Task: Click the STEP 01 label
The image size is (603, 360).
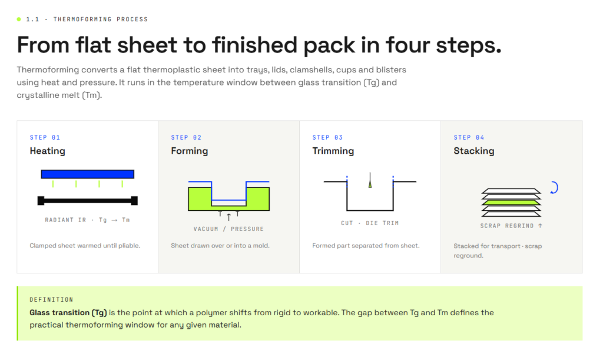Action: coord(45,137)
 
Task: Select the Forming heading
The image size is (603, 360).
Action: coord(189,151)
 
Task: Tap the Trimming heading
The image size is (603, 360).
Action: coord(333,151)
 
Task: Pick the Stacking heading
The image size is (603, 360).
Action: coord(474,151)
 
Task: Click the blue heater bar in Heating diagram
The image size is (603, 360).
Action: coord(88,174)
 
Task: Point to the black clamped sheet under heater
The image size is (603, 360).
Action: coord(88,200)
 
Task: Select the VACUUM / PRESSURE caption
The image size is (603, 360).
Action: coord(229,229)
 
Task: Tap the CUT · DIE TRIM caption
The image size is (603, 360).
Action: coord(370,223)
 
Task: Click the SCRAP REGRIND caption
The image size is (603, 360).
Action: coord(511,226)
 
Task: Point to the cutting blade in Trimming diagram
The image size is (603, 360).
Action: coord(370,180)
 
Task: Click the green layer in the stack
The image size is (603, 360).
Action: coord(512,202)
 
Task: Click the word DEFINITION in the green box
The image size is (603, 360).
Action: coord(52,300)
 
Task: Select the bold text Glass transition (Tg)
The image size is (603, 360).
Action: coord(68,313)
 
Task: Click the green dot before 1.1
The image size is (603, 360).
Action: coord(19,19)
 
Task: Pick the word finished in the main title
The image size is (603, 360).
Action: coord(254,45)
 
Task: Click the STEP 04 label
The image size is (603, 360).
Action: coord(469,137)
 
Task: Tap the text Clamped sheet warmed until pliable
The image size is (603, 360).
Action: coord(85,246)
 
